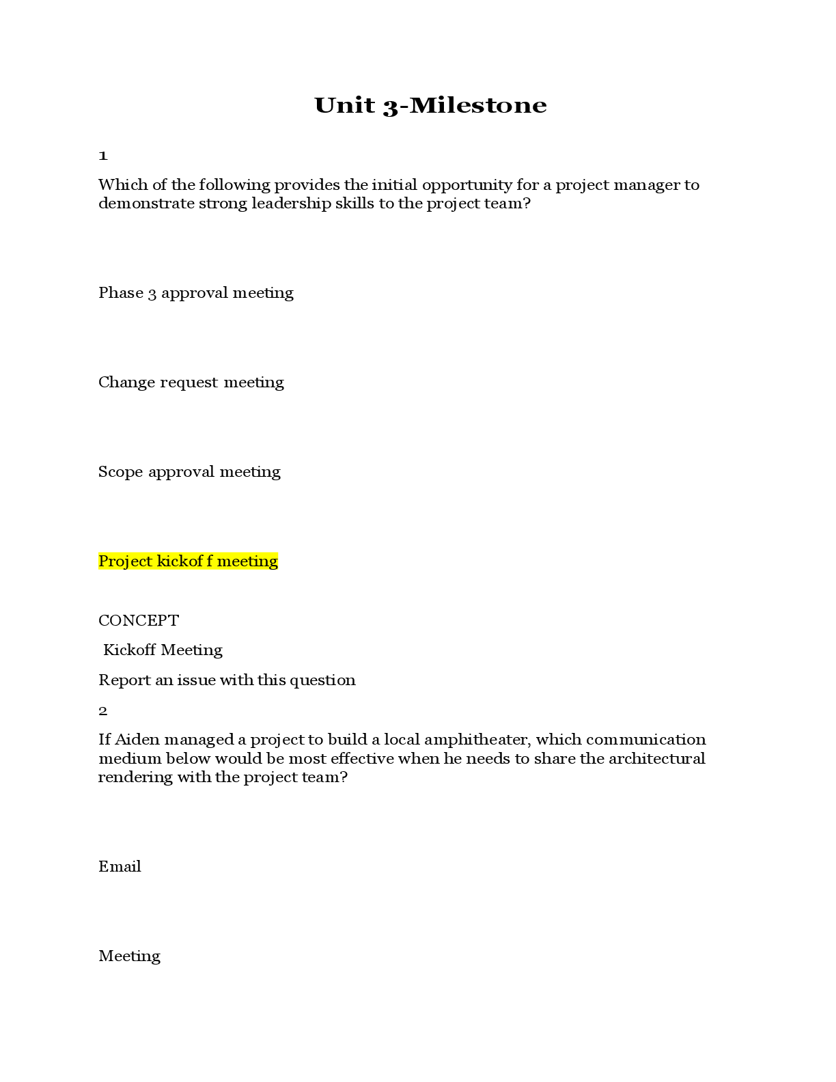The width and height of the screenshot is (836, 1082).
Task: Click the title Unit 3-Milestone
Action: point(430,106)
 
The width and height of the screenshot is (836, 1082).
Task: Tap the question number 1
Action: point(103,156)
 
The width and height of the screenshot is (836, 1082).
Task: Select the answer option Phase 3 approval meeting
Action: point(195,293)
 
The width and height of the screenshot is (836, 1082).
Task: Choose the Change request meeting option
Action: point(191,382)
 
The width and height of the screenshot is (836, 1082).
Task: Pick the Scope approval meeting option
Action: point(189,471)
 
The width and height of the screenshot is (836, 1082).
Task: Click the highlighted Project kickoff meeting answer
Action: point(189,561)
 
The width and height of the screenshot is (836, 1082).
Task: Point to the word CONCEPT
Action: point(139,620)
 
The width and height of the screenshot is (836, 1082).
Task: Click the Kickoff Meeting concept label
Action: point(163,650)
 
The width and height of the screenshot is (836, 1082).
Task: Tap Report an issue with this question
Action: point(227,680)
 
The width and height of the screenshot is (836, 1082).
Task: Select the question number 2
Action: point(103,710)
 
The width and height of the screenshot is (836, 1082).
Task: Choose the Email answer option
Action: point(120,866)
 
